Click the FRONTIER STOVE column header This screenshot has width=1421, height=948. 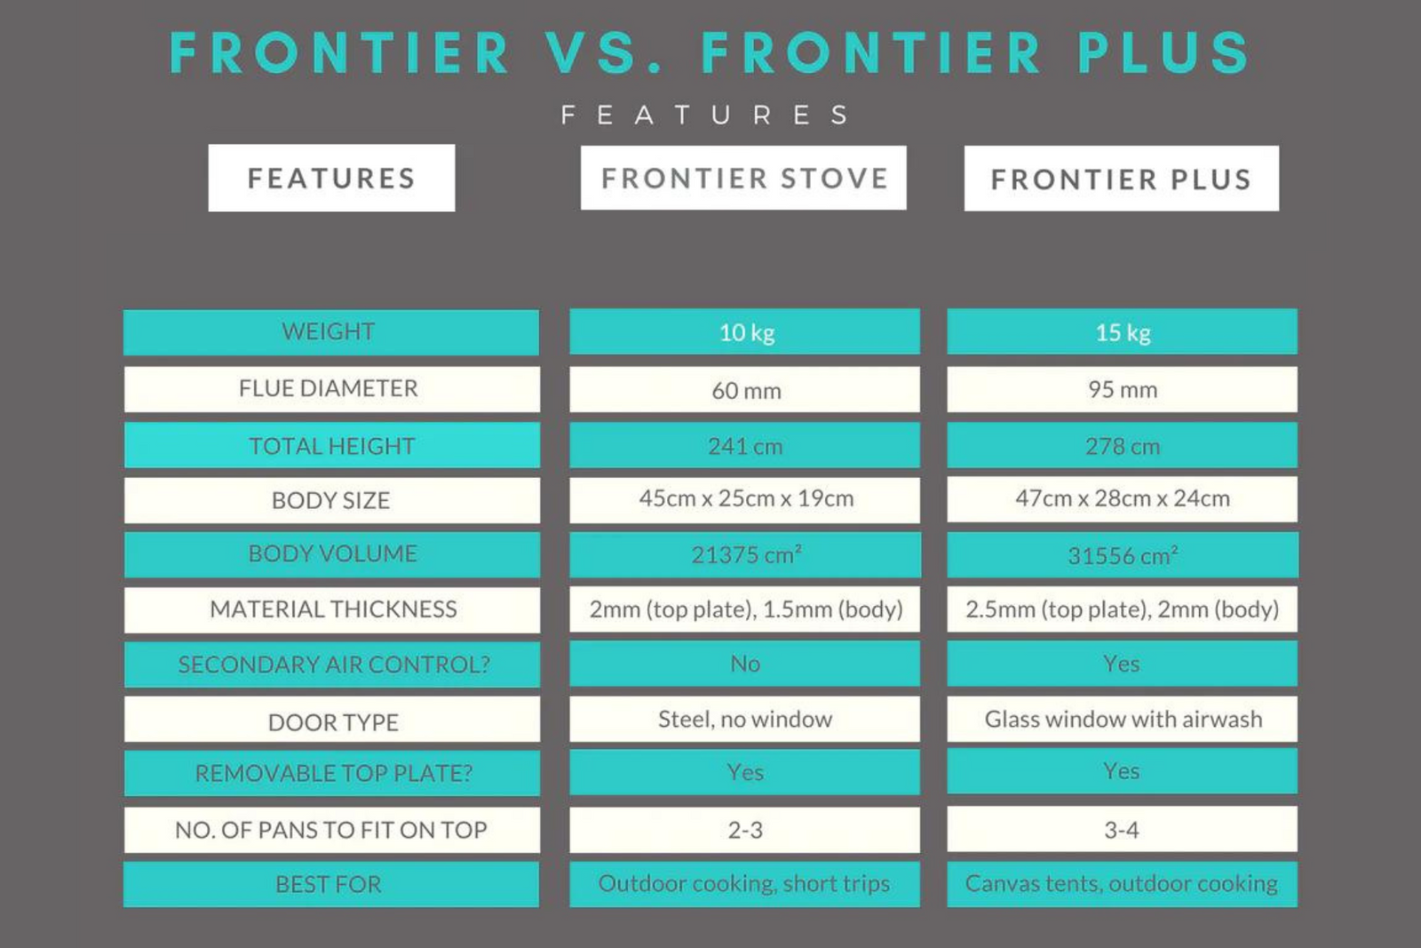click(x=743, y=178)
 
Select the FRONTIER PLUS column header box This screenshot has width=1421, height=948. click(x=1122, y=179)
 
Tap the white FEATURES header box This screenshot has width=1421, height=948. click(x=331, y=178)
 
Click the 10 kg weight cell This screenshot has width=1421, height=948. click(x=745, y=332)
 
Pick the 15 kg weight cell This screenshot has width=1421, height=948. click(x=1123, y=332)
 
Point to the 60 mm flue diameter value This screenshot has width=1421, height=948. click(x=745, y=389)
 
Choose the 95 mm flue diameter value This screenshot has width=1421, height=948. click(x=1123, y=389)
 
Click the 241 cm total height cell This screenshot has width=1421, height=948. click(x=745, y=445)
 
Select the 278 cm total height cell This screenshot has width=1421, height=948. click(x=1123, y=445)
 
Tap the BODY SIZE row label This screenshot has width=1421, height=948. click(x=332, y=500)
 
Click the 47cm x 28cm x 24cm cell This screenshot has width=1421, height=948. click(x=1123, y=500)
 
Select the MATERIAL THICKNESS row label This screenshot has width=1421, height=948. click(x=332, y=609)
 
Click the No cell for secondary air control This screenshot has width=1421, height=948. click(x=745, y=664)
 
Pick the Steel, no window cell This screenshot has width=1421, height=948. click(x=745, y=719)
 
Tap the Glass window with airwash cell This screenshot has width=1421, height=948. click(x=1123, y=719)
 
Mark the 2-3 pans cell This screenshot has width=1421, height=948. click(x=745, y=830)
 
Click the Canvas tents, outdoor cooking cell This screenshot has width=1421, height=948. click(x=1123, y=884)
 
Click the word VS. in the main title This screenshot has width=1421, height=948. click(x=604, y=52)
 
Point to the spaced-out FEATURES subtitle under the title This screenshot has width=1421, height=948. click(x=705, y=116)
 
